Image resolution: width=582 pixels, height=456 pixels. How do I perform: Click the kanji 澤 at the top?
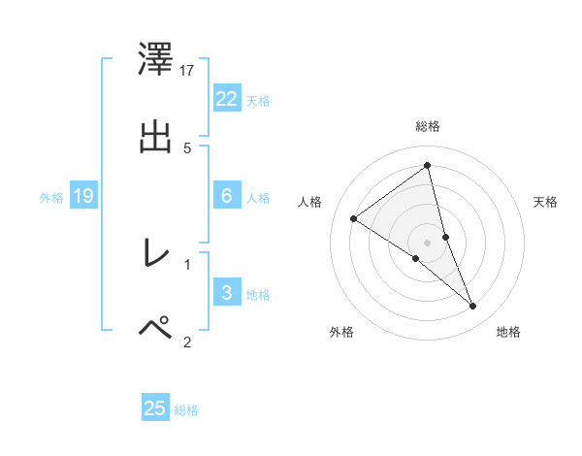pyautogui.click(x=155, y=59)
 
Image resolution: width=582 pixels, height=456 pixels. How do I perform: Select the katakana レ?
pyautogui.click(x=155, y=253)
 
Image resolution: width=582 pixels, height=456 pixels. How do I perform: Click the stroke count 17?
pyautogui.click(x=188, y=70)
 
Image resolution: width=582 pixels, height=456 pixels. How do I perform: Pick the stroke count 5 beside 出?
pyautogui.click(x=187, y=147)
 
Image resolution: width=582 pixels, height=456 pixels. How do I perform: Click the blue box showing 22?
pyautogui.click(x=227, y=99)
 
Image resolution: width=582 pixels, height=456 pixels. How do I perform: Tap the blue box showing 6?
pyautogui.click(x=227, y=196)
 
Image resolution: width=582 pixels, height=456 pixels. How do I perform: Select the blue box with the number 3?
pyautogui.click(x=227, y=293)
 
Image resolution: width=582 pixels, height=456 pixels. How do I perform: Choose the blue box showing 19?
pyautogui.click(x=83, y=196)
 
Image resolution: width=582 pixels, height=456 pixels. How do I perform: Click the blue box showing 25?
pyautogui.click(x=155, y=408)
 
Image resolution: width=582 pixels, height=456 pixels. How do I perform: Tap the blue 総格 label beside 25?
pyautogui.click(x=186, y=410)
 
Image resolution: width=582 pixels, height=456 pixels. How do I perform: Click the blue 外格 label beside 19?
pyautogui.click(x=51, y=198)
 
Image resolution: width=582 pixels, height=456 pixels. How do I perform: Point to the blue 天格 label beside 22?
pyautogui.click(x=258, y=101)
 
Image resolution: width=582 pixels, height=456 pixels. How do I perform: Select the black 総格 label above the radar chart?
pyautogui.click(x=428, y=126)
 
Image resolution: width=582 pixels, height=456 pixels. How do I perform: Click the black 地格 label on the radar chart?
pyautogui.click(x=508, y=333)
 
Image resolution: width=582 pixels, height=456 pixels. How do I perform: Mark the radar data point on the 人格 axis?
pyautogui.click(x=353, y=218)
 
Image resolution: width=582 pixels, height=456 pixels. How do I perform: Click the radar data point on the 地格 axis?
pyautogui.click(x=473, y=307)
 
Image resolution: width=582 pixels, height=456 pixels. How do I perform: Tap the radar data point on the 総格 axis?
pyautogui.click(x=427, y=166)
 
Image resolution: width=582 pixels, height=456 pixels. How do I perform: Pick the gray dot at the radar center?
pyautogui.click(x=427, y=242)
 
